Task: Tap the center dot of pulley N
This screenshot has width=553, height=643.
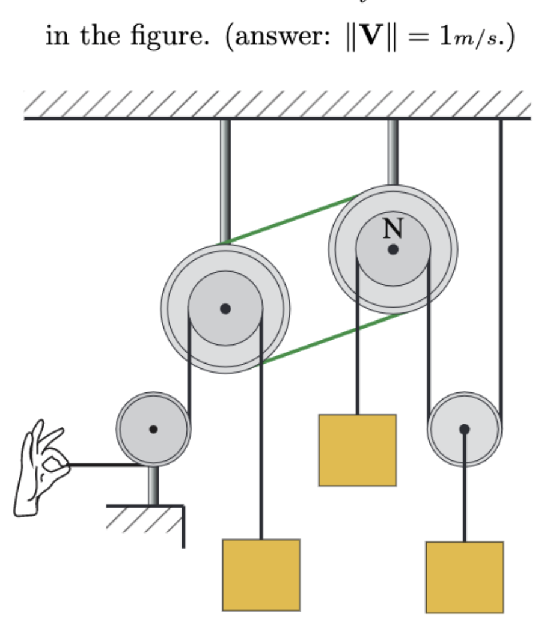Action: [393, 249]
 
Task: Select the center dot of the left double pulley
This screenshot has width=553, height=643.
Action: [225, 309]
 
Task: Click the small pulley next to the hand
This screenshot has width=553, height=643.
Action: [153, 429]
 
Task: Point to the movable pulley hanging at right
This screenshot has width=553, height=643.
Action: [464, 429]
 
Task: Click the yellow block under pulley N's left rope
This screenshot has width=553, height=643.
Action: [357, 449]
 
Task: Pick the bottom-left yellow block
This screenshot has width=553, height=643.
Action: [261, 574]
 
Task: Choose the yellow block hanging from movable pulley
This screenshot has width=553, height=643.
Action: [464, 577]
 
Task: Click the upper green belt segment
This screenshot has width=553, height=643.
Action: [289, 219]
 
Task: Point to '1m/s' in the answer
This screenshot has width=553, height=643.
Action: [463, 38]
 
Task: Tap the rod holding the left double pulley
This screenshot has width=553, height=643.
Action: [225, 180]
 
